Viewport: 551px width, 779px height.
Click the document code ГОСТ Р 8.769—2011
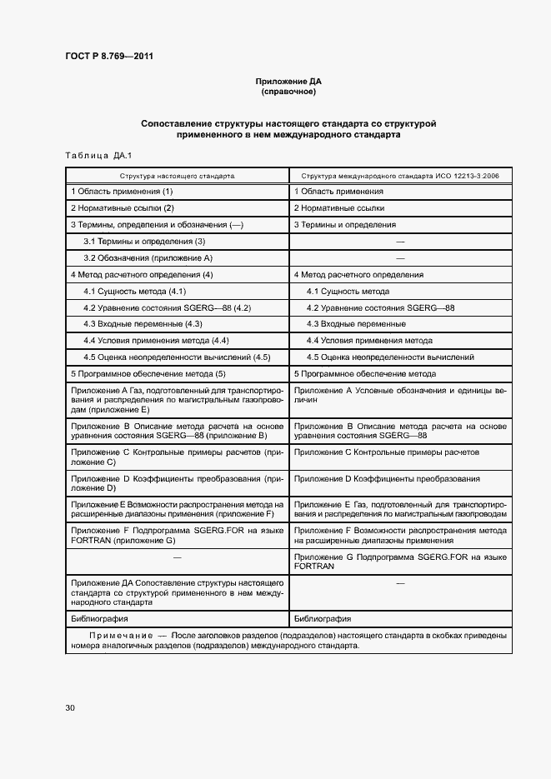108,56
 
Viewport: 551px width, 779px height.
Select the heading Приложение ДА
288,82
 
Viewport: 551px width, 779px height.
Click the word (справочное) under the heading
288,92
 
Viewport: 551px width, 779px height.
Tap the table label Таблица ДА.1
93,156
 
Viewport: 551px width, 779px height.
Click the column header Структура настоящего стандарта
177,177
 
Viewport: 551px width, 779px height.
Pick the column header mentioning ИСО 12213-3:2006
400,177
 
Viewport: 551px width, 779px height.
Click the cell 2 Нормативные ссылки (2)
123,208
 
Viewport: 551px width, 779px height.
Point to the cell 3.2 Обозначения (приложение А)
148,258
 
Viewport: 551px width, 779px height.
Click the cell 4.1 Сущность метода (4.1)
134,292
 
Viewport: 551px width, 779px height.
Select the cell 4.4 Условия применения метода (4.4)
156,341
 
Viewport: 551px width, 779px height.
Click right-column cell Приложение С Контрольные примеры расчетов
387,452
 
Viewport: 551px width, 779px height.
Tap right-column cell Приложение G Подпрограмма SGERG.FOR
400,561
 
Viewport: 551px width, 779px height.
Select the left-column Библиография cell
99,619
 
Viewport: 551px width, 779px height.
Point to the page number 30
70,707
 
